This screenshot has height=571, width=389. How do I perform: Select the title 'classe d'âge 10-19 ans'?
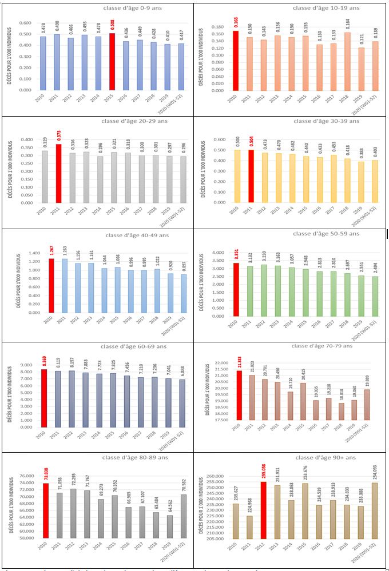click(x=325, y=8)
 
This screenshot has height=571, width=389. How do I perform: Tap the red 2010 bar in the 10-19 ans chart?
click(x=236, y=61)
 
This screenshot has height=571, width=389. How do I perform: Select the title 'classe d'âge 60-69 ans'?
click(x=131, y=346)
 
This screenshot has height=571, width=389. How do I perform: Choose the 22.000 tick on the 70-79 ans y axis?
click(x=220, y=363)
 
